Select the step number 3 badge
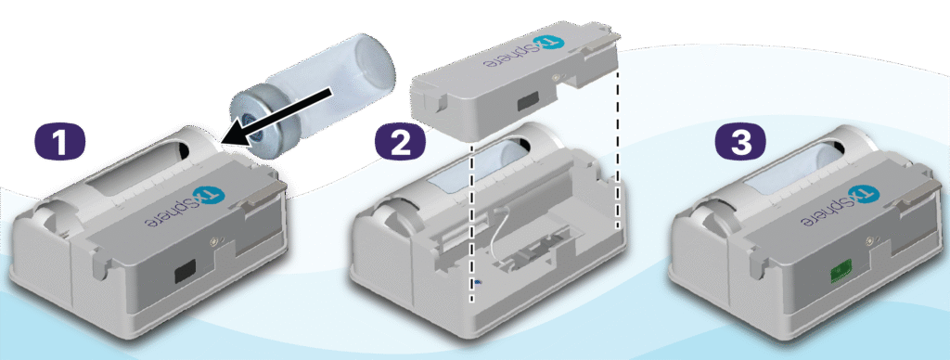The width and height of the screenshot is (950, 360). (x=741, y=142)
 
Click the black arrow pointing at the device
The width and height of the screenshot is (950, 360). (x=276, y=116)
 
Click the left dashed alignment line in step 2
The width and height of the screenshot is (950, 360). (x=472, y=224)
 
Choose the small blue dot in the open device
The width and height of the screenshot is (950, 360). (x=478, y=281)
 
